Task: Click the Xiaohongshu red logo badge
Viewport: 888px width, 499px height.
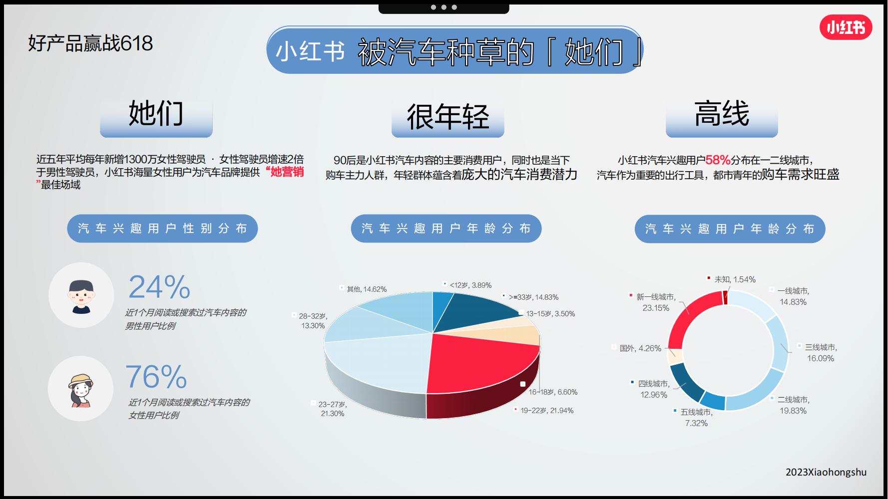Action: tap(846, 27)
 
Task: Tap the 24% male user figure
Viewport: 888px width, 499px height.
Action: tap(159, 287)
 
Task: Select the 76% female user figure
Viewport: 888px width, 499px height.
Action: tap(156, 377)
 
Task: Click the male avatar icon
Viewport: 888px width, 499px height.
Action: tap(81, 295)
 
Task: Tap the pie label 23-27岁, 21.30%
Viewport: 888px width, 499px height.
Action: tap(333, 409)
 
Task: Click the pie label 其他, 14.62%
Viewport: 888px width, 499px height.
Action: tap(367, 289)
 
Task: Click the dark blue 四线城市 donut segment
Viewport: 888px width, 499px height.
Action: tap(685, 382)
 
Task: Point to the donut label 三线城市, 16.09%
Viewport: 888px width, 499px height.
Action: tap(821, 352)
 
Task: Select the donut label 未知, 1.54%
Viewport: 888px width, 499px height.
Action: tap(735, 279)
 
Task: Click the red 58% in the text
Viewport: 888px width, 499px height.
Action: tap(718, 160)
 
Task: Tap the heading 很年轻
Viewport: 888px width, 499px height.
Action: tap(447, 117)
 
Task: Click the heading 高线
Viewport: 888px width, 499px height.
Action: tap(722, 114)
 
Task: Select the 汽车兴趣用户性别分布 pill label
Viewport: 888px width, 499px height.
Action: tap(162, 229)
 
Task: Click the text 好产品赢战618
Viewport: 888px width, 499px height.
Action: tap(90, 43)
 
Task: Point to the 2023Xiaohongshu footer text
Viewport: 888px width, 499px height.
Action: tap(826, 472)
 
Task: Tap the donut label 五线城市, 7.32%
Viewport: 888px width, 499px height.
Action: tap(696, 418)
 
